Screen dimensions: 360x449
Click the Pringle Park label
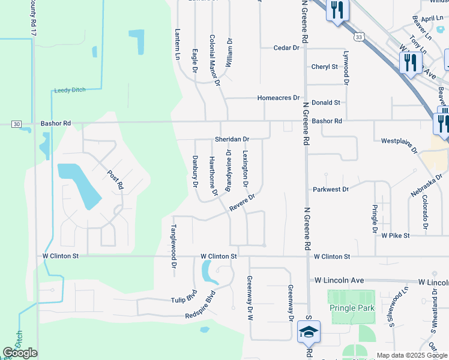point(352,308)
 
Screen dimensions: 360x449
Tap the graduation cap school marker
point(309,332)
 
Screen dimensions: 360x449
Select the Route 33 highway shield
point(358,37)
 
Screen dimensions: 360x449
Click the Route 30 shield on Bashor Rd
point(16,124)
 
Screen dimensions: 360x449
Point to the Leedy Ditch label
point(70,90)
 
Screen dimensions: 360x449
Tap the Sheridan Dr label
point(232,139)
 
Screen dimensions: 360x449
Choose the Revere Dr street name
point(243,202)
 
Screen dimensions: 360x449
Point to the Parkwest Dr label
point(331,189)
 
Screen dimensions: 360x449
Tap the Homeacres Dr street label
point(278,97)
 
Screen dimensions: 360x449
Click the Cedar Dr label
point(286,47)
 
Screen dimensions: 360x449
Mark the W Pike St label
point(396,236)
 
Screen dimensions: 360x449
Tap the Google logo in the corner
point(20,352)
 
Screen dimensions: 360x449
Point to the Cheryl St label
point(325,67)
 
